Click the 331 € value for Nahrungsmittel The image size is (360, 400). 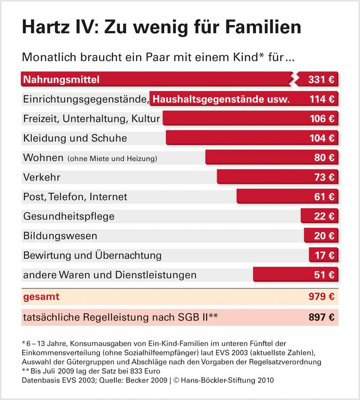point(321,79)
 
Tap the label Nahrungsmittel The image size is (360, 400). point(61,79)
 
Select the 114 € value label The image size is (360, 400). point(322,99)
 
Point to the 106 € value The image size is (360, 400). point(322,119)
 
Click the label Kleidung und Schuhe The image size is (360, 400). point(75,138)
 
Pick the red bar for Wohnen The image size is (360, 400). point(272,158)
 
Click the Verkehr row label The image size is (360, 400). point(42,177)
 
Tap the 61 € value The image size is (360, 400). point(324,196)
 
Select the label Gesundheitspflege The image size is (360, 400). point(68,216)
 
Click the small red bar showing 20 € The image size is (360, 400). point(321,236)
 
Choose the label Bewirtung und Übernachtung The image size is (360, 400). point(92,255)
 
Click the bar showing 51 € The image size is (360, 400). point(295,275)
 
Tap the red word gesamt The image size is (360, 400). point(41,297)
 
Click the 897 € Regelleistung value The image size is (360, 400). point(322,317)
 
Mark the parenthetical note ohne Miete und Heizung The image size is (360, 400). point(112,158)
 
